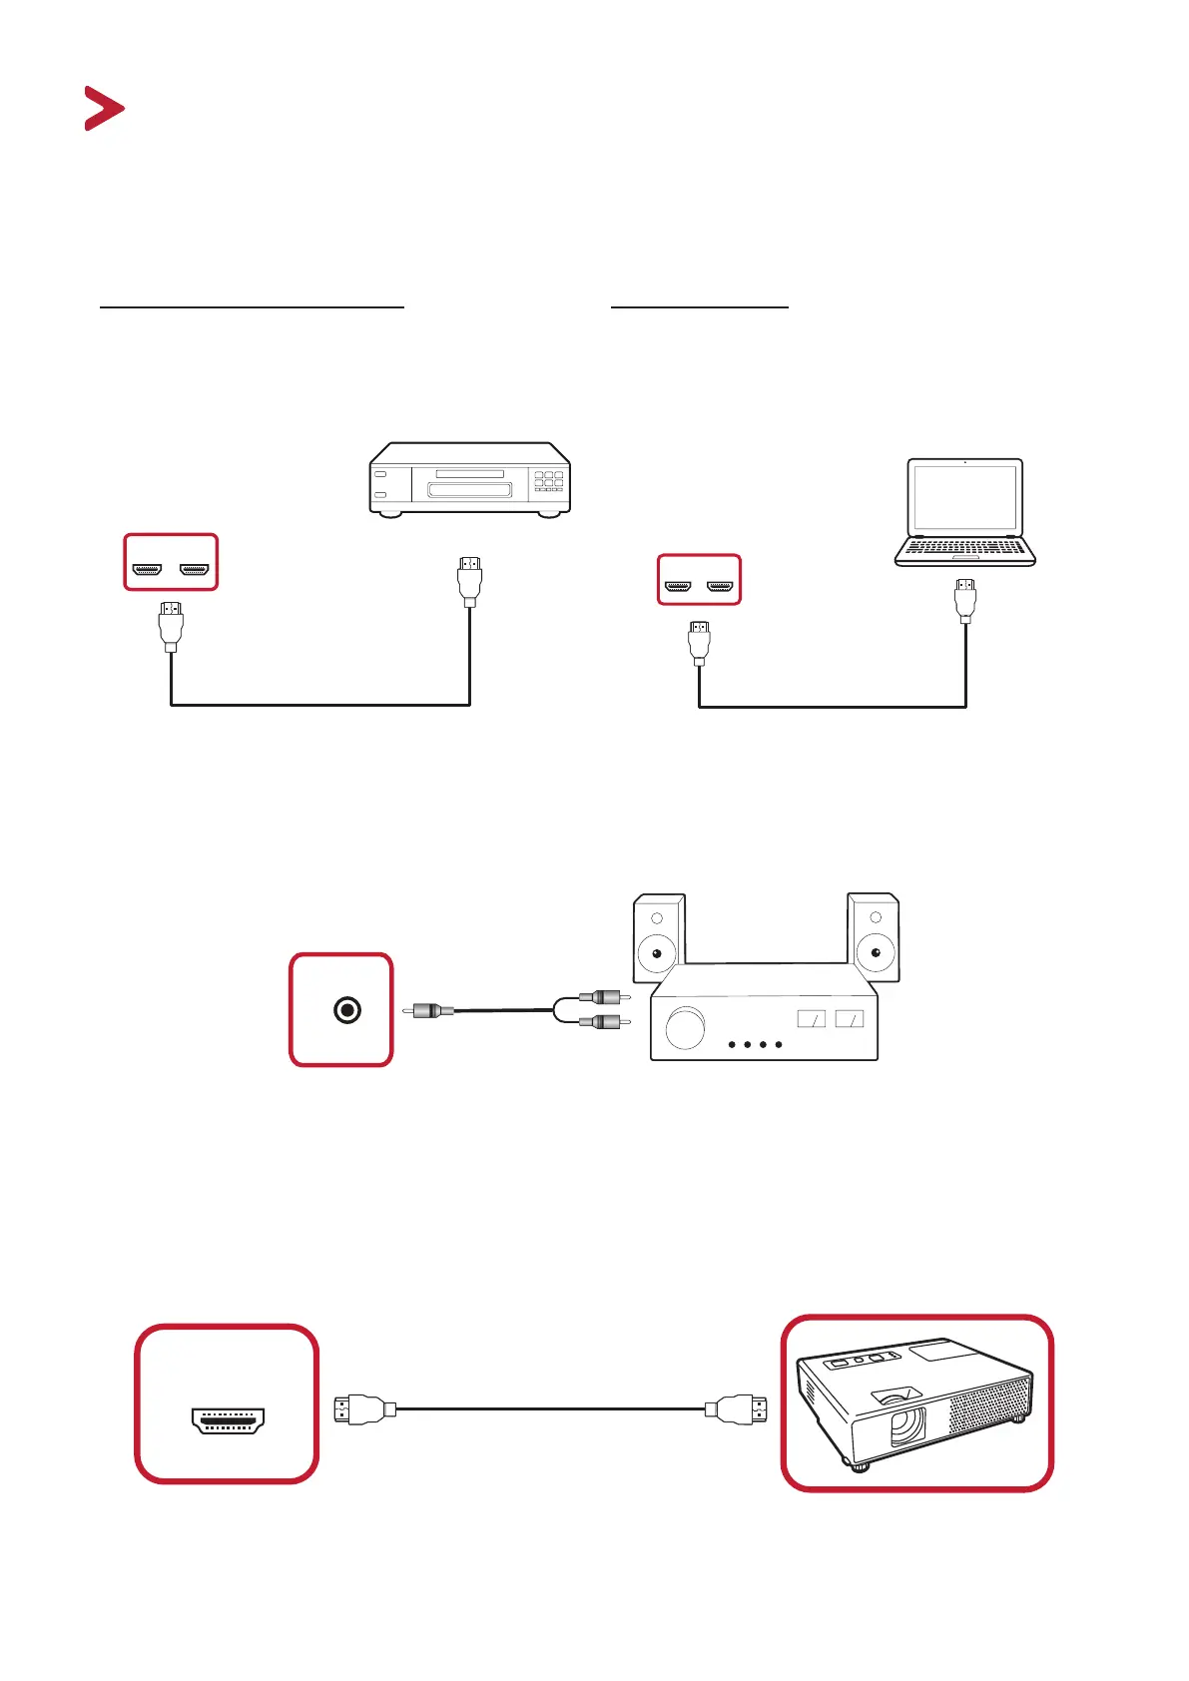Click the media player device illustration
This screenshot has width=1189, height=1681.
pos(469,479)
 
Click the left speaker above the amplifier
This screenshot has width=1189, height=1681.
pos(659,938)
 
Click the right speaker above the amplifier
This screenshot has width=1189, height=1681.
pos(874,938)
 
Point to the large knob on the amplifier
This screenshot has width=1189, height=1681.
pos(685,1028)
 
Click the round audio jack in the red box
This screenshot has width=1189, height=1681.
pos(346,1010)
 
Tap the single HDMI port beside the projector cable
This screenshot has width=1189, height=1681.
pos(228,1420)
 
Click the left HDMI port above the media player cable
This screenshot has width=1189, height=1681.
pos(148,571)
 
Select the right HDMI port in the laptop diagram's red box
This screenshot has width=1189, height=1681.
pos(720,587)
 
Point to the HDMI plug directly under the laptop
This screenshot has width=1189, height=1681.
pos(965,600)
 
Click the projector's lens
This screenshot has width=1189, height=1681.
pos(906,1422)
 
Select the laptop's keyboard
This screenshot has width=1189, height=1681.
pos(964,547)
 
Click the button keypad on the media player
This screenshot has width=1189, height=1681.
pos(548,480)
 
